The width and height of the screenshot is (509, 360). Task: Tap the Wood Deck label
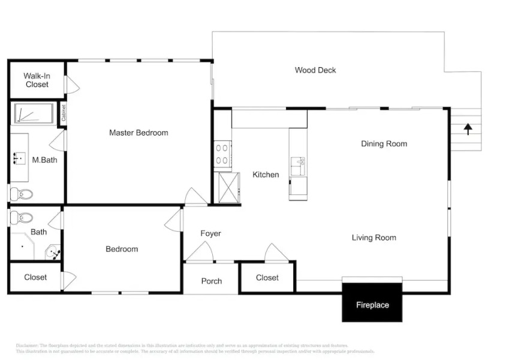315,70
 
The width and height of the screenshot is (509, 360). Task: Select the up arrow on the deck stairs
467,127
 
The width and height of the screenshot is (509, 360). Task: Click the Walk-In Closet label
37,80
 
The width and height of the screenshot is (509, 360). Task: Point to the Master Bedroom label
138,133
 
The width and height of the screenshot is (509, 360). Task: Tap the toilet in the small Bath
22,217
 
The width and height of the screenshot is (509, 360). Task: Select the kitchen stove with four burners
222,153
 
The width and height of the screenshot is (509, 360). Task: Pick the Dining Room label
384,144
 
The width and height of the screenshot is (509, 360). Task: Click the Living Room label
374,238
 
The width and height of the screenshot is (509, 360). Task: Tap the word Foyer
210,233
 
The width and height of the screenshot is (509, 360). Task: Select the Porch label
211,281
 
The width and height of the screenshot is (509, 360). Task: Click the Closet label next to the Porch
267,278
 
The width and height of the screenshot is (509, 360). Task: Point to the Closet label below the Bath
35,278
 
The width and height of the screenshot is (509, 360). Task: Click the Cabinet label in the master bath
64,113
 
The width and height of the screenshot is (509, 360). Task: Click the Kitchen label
266,175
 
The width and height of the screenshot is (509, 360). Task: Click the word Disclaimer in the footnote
26,346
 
